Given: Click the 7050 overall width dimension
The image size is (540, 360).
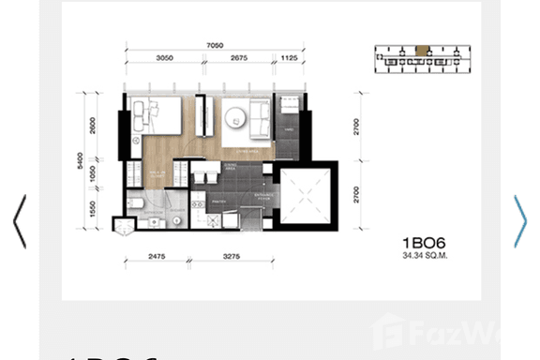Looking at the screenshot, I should [x=216, y=43].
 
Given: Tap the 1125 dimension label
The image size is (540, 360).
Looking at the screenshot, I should [x=291, y=57].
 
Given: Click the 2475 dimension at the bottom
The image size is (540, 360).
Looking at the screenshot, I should [x=156, y=255].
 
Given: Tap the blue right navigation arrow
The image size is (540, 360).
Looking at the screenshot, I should [x=520, y=221].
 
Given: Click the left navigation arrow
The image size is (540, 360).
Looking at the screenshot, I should [x=19, y=221].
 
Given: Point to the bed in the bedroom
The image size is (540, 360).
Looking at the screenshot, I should [x=158, y=116].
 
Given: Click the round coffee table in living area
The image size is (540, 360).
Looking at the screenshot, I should [x=234, y=116].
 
